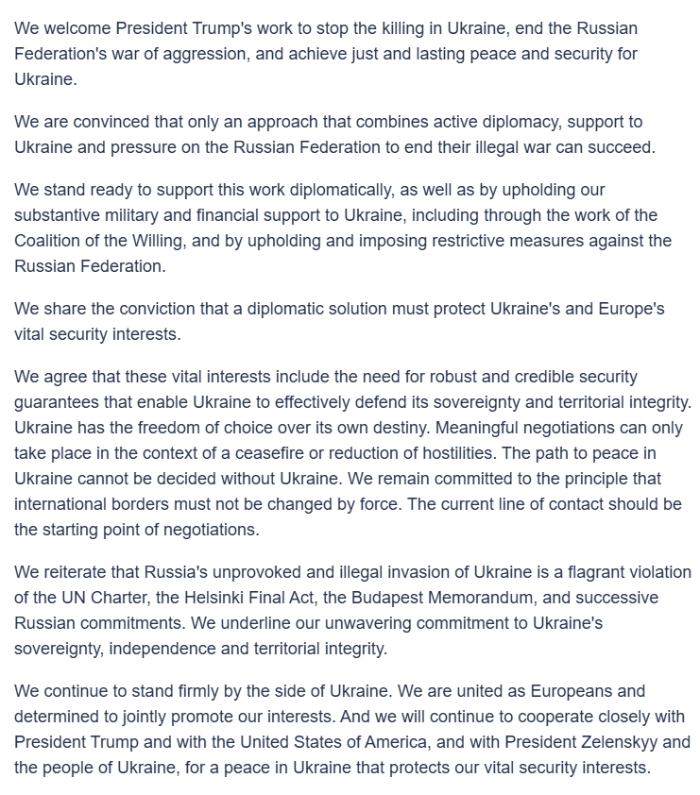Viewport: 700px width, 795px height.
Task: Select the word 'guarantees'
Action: coord(58,403)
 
